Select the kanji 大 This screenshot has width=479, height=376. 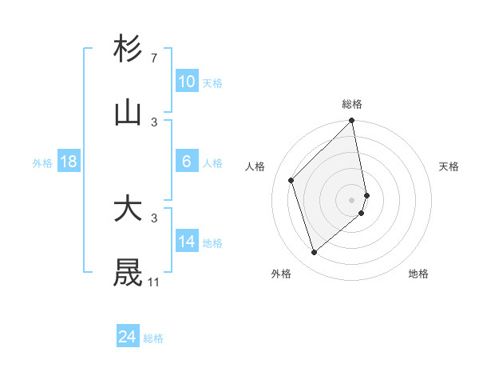[x=129, y=210]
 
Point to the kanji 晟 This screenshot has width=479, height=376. [x=129, y=273]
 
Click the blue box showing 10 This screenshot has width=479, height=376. [x=187, y=82]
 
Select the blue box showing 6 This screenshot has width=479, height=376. [x=187, y=162]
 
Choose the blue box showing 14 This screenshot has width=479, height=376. [x=187, y=242]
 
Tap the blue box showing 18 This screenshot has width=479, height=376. [x=69, y=162]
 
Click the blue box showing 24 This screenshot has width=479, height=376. [x=128, y=337]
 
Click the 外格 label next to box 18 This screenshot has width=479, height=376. [x=42, y=163]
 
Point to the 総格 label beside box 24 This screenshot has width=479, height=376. [x=153, y=338]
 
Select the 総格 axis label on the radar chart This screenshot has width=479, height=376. [x=352, y=104]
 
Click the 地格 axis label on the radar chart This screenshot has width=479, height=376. [x=418, y=274]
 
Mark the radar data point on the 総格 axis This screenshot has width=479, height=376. [x=352, y=122]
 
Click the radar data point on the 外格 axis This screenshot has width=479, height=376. [x=315, y=253]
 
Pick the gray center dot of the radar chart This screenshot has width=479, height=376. [x=352, y=199]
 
